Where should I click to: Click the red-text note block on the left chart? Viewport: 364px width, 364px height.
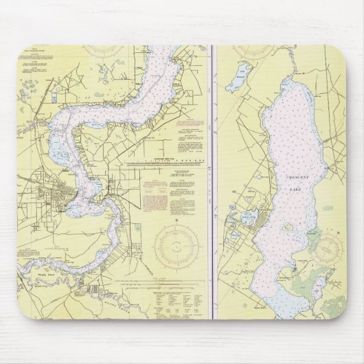pos(157,194)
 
